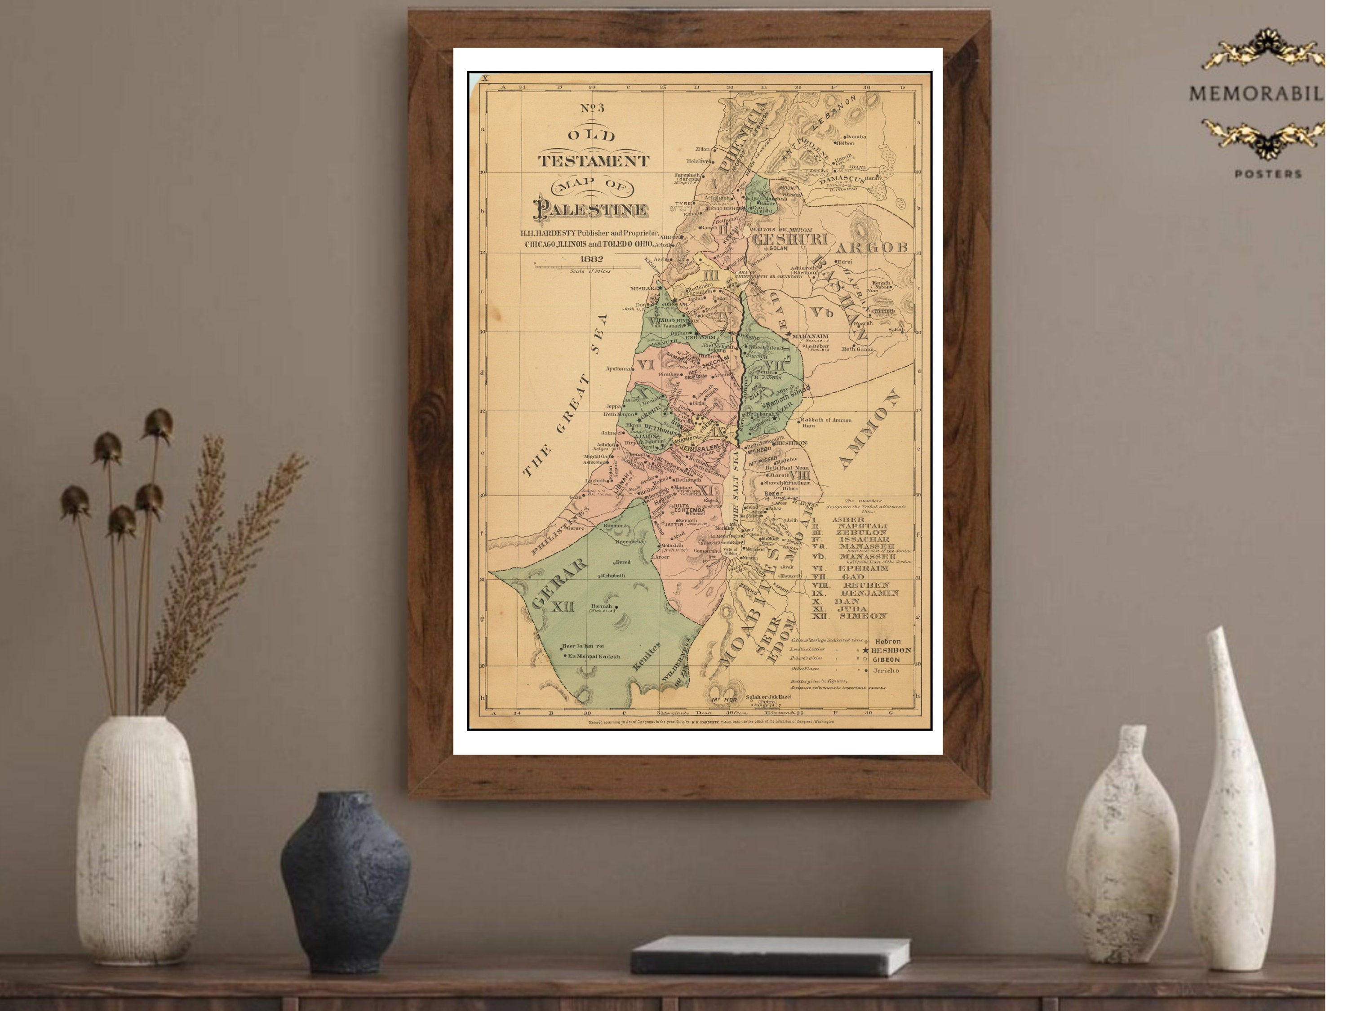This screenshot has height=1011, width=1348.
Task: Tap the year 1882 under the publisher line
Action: [591, 258]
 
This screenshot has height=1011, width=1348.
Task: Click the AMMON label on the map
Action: [869, 429]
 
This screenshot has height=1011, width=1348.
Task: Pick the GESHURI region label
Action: [790, 239]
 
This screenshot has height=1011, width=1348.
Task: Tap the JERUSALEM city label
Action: [700, 448]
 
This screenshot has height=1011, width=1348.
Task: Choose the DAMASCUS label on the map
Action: [842, 180]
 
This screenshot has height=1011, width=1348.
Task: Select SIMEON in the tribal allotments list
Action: [863, 616]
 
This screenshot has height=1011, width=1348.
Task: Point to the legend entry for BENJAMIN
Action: [869, 593]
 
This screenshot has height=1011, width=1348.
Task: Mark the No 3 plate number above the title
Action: [592, 108]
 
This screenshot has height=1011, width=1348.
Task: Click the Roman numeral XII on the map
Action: [563, 607]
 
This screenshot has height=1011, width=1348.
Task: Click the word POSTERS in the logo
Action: [1268, 174]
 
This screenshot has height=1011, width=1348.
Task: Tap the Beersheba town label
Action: [630, 541]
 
